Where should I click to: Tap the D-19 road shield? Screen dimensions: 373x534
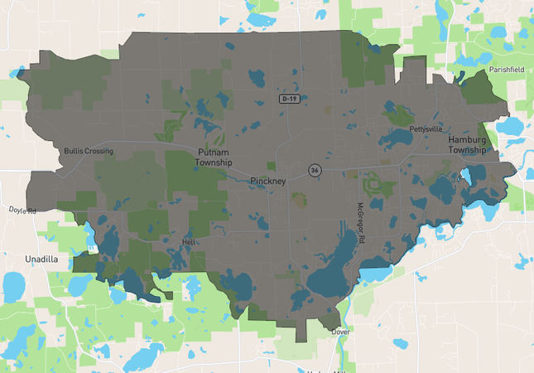[288, 99]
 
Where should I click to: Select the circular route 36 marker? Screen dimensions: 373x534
[315, 170]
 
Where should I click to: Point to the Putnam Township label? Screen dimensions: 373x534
[214, 157]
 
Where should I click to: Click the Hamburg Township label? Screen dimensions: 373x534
[467, 145]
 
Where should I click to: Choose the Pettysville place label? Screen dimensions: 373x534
[426, 129]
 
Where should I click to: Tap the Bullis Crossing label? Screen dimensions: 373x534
[89, 151]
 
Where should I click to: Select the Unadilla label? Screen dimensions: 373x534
[41, 259]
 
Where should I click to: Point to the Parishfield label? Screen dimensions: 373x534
[508, 70]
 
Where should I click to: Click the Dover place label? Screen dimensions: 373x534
[340, 332]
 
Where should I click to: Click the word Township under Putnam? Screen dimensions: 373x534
[214, 162]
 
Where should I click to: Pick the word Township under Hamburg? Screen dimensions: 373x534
[467, 150]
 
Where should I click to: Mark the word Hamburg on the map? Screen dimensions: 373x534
[467, 139]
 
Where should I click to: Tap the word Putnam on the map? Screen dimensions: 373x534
[214, 153]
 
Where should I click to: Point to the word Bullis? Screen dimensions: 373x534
[73, 151]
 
